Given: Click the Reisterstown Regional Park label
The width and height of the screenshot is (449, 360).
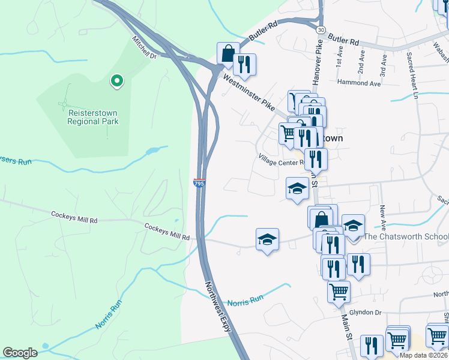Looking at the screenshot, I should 93,117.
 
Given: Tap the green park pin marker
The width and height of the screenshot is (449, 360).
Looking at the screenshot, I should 116,80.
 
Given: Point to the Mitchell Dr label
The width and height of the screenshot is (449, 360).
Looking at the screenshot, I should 144,47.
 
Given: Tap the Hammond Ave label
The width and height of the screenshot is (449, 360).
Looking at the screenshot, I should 359,83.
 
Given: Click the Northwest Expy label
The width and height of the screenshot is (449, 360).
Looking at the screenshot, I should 217,306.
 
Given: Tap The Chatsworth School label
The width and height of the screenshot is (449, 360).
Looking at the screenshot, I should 406,236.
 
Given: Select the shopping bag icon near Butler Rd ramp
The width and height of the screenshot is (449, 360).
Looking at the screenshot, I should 228,53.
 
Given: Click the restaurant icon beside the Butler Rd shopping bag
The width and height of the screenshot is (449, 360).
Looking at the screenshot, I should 244,64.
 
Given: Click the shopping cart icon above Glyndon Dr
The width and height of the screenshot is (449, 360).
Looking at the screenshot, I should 339,292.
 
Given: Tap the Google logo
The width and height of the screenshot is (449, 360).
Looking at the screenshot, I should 20,353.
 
